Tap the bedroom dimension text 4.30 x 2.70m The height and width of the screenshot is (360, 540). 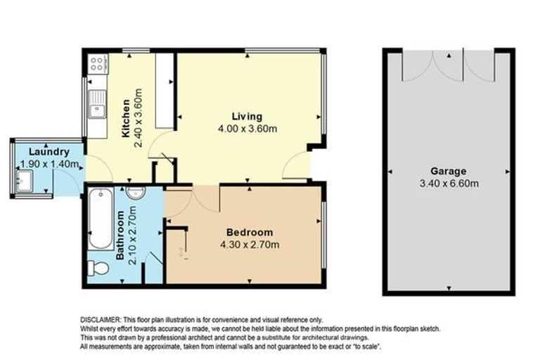[x=250, y=245]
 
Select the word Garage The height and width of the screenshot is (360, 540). [x=449, y=171]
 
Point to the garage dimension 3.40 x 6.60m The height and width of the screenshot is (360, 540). [x=449, y=184]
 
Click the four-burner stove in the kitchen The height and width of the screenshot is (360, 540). [x=97, y=64]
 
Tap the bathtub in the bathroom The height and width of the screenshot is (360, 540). [x=101, y=217]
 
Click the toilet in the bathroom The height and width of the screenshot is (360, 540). [x=97, y=269]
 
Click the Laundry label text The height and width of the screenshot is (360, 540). [x=49, y=152]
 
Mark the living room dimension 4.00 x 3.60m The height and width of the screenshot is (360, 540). [x=247, y=129]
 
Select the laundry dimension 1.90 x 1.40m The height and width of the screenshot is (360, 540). [x=49, y=164]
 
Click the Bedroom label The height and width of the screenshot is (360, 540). [x=250, y=233]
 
